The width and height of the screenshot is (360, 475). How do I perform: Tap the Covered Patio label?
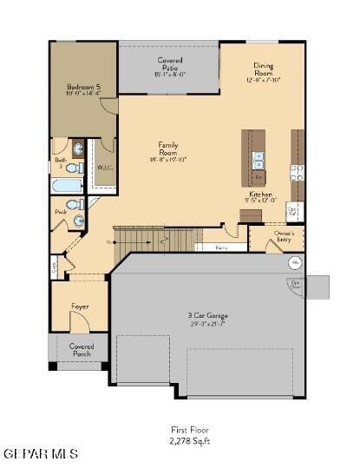point(170,67)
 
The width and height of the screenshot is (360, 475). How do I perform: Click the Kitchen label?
point(260,199)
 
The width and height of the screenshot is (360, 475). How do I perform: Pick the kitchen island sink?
point(258,158)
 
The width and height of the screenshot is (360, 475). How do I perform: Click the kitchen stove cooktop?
point(297,170)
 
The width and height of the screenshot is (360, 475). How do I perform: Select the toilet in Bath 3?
point(75,167)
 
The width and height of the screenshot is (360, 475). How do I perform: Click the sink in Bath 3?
point(77,148)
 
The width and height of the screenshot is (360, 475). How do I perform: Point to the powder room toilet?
point(75,205)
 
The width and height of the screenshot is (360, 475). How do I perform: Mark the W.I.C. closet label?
point(103,167)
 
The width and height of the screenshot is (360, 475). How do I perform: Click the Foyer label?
point(79,306)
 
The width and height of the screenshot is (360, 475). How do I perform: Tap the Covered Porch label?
point(81,349)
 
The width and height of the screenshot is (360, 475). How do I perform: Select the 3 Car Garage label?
point(207,319)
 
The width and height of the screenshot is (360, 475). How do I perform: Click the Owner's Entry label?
point(284,235)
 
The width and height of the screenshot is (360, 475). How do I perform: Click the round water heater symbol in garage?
point(294,261)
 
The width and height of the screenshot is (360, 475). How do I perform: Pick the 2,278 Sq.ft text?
point(189,441)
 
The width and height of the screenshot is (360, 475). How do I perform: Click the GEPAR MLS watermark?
point(41,454)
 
